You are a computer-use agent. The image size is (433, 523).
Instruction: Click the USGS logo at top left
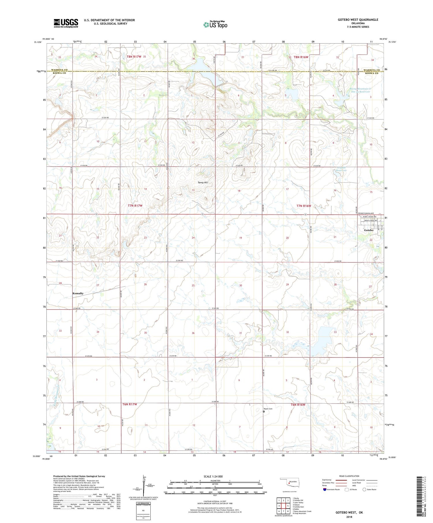[66, 23]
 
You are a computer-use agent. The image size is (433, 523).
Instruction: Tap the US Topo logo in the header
[215, 25]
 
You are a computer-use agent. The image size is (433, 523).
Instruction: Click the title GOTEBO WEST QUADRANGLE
[354, 20]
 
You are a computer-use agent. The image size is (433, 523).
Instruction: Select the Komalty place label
[78, 293]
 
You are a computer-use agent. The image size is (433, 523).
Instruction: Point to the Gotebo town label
[369, 230]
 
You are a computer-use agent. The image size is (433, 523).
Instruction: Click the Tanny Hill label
[202, 183]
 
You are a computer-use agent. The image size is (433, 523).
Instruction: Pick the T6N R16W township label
[298, 405]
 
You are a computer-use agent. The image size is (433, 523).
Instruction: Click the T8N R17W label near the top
[134, 57]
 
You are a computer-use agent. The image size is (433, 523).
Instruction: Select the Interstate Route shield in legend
[324, 490]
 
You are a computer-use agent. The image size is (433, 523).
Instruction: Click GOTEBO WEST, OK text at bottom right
[349, 512]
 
